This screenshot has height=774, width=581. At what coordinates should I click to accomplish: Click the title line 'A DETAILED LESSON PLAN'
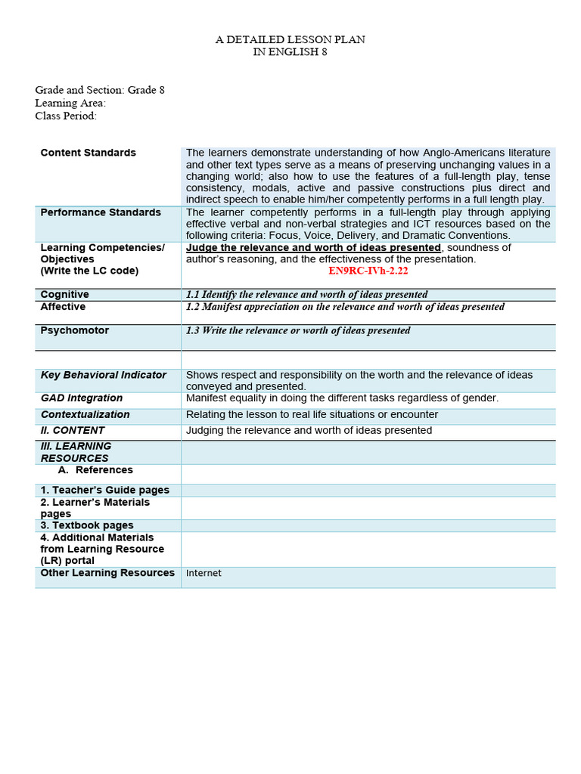coord(290,39)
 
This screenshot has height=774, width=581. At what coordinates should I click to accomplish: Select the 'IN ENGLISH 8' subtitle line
coord(290,51)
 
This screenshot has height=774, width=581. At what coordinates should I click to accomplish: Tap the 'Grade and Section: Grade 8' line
coord(100,90)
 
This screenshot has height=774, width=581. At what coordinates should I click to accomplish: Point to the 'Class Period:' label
coord(66,116)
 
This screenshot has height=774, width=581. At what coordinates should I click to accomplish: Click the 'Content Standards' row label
coord(88,153)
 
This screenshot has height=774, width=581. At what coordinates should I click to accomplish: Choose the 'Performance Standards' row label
coord(101,212)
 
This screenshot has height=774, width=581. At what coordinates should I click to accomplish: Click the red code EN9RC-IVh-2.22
coord(368,271)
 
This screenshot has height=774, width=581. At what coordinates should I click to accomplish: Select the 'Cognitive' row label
coord(64,294)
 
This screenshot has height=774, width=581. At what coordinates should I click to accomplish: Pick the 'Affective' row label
coord(63,307)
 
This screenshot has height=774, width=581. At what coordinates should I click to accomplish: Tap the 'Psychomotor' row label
coord(74,330)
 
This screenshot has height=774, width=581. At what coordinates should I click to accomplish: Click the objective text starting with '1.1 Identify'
coord(306,295)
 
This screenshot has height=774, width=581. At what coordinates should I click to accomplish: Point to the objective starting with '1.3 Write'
coord(298,330)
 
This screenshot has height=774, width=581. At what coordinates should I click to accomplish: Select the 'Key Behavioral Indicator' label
coord(103,375)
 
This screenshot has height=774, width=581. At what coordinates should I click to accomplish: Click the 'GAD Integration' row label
coord(81,398)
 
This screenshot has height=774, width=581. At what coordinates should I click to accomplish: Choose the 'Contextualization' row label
coord(85,414)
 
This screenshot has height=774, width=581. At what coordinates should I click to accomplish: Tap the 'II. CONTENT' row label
coord(73,430)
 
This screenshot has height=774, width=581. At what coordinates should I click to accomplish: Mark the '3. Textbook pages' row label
coord(87,525)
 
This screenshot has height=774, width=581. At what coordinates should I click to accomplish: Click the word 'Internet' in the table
coord(204,573)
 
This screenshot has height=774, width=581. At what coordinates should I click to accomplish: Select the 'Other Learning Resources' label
coord(107,573)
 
